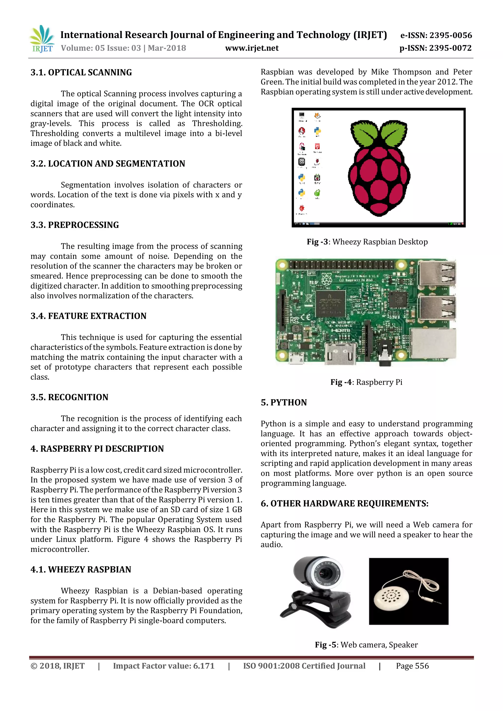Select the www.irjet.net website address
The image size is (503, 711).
(252, 48)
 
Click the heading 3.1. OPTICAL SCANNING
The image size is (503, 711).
(81, 72)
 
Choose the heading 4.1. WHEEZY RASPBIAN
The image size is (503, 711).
(81, 570)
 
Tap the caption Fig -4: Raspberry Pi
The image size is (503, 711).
(366, 382)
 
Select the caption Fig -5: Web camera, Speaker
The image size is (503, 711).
(366, 645)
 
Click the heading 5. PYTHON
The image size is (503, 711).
(284, 403)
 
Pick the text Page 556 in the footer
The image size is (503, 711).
(412, 666)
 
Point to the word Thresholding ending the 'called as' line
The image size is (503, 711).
(217, 123)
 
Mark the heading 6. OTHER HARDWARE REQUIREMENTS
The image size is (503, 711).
(344, 504)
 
